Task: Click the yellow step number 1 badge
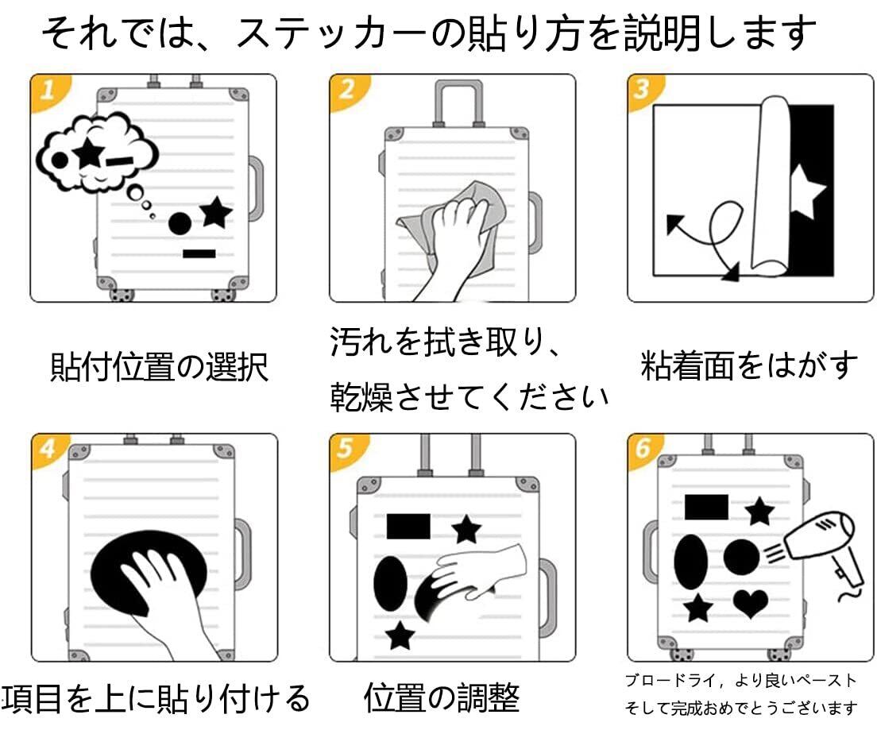click(48, 91)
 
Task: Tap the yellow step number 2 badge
click(347, 91)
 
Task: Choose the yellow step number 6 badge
click(644, 449)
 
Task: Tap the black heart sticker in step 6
click(751, 603)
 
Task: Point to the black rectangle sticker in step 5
click(408, 527)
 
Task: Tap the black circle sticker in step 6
click(742, 558)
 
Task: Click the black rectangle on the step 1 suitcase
click(199, 253)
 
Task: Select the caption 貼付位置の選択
click(160, 368)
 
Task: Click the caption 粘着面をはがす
click(749, 366)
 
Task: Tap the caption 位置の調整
click(442, 697)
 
